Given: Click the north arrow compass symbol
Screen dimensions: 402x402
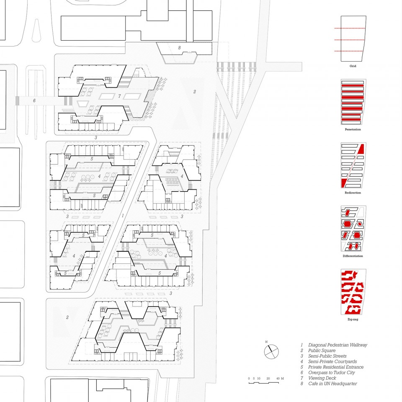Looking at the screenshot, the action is [271, 351].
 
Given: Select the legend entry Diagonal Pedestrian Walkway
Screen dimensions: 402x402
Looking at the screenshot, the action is [338, 345].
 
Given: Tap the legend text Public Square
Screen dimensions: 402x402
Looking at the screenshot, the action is [322, 350].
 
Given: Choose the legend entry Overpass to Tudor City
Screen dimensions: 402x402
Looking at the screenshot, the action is [332, 373].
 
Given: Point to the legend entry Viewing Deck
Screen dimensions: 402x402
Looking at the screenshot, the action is [322, 378].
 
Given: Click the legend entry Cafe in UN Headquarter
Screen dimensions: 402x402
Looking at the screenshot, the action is [332, 384].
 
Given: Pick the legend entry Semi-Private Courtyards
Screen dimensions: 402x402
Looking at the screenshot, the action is [332, 361].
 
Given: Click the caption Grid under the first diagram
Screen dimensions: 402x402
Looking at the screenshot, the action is [353, 66].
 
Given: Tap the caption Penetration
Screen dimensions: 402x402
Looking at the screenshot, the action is [353, 129].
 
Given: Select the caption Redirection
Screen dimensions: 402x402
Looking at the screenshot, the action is [353, 193].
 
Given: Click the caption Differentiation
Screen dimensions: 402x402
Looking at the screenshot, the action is [353, 256].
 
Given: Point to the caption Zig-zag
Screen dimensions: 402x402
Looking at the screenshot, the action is [353, 319].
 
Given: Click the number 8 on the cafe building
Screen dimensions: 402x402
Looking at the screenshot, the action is [180, 48].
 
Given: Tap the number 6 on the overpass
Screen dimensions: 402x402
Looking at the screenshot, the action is [34, 101].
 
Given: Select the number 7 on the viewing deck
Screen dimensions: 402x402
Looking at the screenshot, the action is [119, 96].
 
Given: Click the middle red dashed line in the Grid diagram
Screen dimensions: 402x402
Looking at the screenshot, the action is [349, 40].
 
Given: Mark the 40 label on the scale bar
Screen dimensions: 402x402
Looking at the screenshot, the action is [278, 379].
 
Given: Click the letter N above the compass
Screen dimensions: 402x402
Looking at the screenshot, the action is [266, 342].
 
